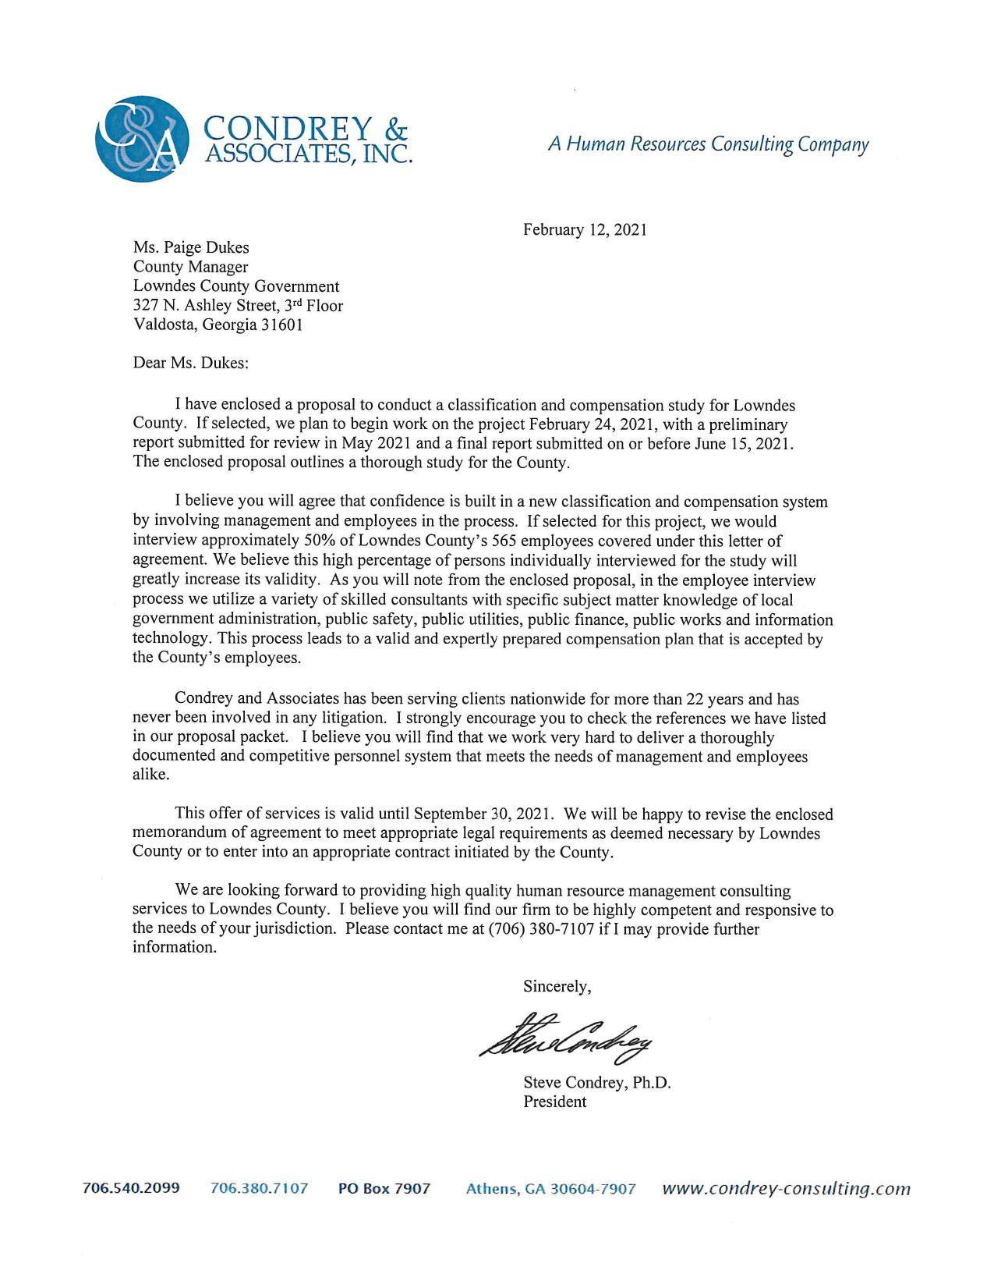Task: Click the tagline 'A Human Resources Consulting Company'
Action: [x=708, y=144]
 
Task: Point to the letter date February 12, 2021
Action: [x=585, y=230]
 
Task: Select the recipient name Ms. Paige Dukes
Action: [x=191, y=248]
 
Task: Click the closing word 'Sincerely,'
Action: [x=557, y=987]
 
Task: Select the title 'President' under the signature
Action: [x=554, y=1102]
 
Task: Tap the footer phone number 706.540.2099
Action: [x=131, y=1188]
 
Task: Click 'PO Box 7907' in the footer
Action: [x=384, y=1189]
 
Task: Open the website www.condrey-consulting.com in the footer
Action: [x=786, y=1189]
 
